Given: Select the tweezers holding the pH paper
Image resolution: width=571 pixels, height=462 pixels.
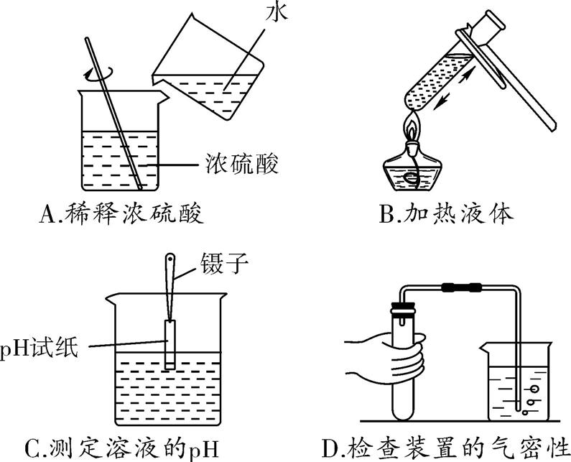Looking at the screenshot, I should (170, 287).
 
